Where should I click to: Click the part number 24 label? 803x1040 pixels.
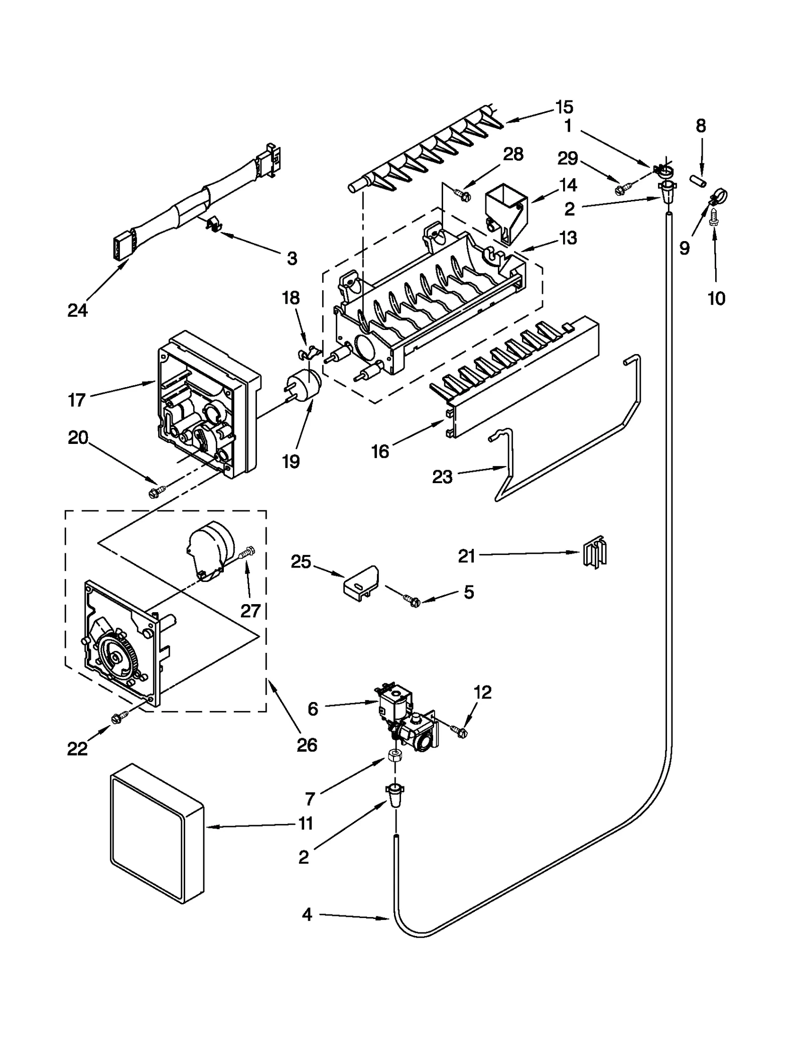coord(77,311)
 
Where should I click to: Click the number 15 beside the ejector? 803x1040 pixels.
coord(564,107)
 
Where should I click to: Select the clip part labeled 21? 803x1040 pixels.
coord(595,554)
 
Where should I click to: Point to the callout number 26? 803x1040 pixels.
coord(307,745)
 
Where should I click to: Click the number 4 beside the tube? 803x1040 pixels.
coord(307,914)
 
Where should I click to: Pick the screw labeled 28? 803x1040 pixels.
coord(462,193)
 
